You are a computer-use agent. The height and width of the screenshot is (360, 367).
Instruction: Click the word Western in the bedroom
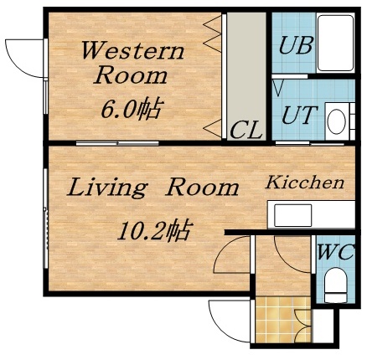132,49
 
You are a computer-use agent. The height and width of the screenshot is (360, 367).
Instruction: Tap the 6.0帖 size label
133,109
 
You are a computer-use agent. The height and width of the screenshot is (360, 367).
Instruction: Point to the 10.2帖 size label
156,229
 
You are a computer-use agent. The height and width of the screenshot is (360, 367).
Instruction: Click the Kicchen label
306,183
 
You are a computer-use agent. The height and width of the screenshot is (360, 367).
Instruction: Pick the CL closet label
246,130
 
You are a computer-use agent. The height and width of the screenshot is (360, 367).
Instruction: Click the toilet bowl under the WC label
335,285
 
